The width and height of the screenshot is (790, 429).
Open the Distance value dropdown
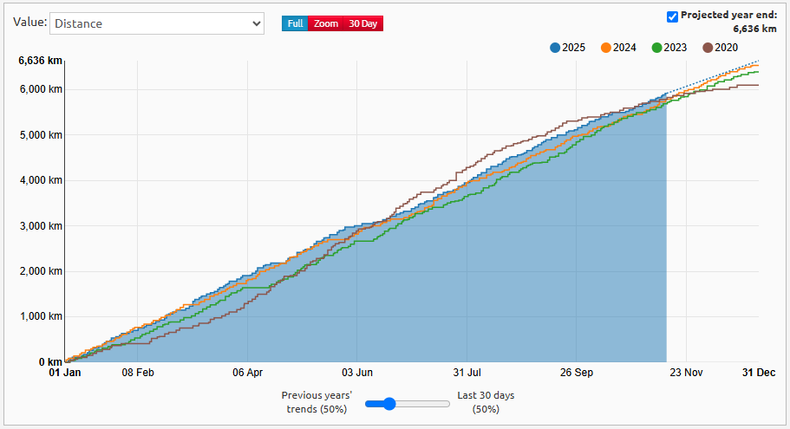(156, 23)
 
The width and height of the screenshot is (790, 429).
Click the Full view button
(295, 23)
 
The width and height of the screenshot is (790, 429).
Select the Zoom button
(326, 23)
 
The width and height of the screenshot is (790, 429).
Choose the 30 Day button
(362, 23)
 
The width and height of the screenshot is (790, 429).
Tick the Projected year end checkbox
(672, 16)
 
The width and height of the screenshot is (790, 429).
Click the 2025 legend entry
(568, 48)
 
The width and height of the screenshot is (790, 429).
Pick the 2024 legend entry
(619, 48)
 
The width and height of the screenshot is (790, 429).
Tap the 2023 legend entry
(669, 48)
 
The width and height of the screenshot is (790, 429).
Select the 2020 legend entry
(720, 48)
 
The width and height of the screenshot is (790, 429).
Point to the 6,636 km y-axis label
(40, 61)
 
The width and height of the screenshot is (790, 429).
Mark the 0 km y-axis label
(49, 362)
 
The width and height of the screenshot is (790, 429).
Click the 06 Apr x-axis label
(248, 373)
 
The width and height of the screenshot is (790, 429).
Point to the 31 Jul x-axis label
(467, 373)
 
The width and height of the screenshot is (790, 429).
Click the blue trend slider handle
(389, 403)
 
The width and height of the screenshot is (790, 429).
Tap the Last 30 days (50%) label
(485, 402)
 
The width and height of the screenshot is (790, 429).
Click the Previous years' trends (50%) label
(316, 402)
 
